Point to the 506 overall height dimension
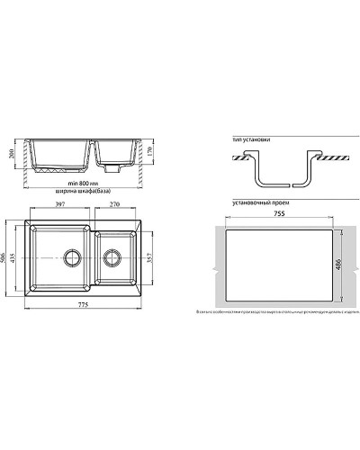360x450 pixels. tap(18, 259)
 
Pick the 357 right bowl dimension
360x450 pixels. tap(149, 259)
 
